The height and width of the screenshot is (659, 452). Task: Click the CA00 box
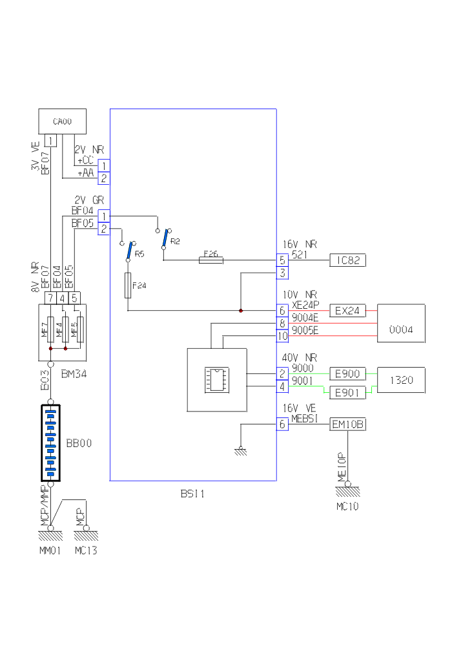(x=62, y=121)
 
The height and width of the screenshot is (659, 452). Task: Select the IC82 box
(x=347, y=260)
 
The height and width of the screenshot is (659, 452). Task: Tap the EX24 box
(x=347, y=311)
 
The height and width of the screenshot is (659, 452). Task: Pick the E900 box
(x=347, y=373)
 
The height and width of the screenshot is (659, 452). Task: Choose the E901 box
(x=347, y=392)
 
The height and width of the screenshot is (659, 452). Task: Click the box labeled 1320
(x=402, y=380)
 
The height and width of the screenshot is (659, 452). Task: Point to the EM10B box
(x=347, y=424)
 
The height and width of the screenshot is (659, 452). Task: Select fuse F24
(x=128, y=285)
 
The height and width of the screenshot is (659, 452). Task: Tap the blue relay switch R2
(x=167, y=237)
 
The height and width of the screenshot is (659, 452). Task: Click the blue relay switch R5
(x=130, y=251)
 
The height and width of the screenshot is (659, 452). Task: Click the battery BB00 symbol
(x=50, y=443)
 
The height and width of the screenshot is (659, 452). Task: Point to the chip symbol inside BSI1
(x=215, y=380)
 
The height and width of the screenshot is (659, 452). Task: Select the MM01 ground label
(x=50, y=550)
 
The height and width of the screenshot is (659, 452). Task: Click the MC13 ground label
(x=85, y=550)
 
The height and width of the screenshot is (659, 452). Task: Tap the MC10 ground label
(x=347, y=507)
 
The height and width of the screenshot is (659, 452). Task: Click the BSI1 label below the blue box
(x=192, y=494)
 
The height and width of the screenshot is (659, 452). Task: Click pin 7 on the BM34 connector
(x=50, y=298)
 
